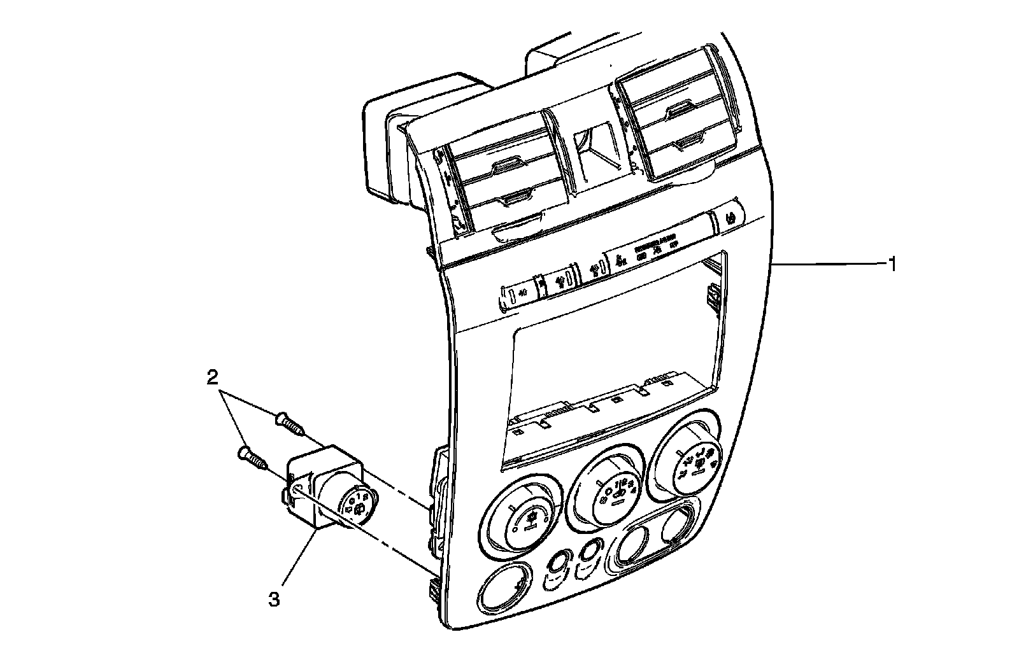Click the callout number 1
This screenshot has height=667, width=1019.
pos(893,264)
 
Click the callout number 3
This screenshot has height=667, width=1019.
pos(274,599)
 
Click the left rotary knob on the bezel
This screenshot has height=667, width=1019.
pos(524,519)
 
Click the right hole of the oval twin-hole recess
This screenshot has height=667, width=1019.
pos(673,526)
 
